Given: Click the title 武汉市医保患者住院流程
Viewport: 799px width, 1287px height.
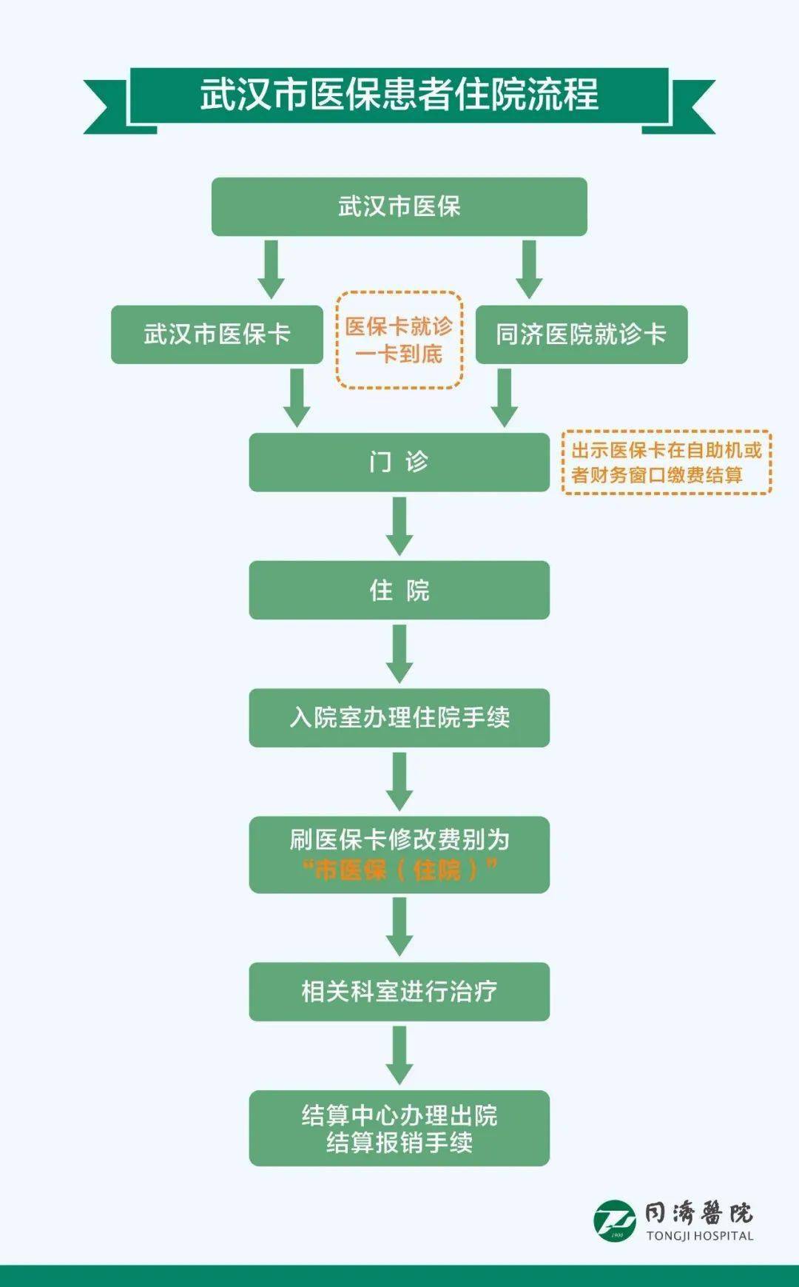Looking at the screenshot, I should click(399, 95).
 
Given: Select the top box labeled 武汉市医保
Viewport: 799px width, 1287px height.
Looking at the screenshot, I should click(399, 206).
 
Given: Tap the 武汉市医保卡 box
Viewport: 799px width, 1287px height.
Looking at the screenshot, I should click(217, 335).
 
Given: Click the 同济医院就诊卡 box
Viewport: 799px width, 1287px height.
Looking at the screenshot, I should click(581, 335).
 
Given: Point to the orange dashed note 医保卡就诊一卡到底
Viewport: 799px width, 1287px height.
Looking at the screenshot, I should click(399, 340).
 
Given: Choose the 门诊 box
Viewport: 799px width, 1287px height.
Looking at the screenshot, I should click(399, 463).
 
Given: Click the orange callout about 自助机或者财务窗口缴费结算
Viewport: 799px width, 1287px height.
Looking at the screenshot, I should click(667, 463).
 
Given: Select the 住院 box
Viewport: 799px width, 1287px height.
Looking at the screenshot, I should click(399, 591).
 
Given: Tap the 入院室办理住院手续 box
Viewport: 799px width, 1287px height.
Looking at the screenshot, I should click(399, 718).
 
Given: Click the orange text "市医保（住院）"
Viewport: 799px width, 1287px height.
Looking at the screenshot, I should click(399, 870).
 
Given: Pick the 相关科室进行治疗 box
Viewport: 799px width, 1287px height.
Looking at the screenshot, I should click(399, 992).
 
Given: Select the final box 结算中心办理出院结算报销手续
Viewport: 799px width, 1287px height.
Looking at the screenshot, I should click(399, 1129).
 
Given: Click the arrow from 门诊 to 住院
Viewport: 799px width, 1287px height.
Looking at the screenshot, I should click(399, 525).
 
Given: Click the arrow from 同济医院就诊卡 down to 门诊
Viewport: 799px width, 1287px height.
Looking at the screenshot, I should click(505, 397).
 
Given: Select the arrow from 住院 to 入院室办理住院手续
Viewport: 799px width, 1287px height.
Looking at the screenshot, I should click(399, 653).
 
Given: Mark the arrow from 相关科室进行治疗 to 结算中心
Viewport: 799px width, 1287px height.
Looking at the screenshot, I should click(399, 1055).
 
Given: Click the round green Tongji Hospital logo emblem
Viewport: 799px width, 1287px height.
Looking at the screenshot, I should click(615, 1220).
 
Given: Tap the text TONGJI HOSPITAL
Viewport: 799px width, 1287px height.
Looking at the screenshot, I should click(700, 1236).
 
